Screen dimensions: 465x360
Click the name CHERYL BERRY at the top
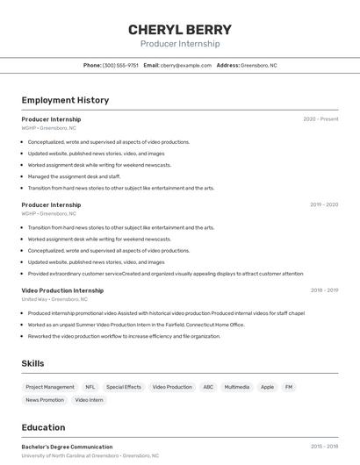click(180, 29)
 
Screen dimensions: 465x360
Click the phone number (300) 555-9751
click(120, 65)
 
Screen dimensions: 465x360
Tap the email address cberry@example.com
click(186, 65)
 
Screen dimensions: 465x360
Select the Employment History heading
click(65, 100)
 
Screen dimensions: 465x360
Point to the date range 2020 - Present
click(320, 119)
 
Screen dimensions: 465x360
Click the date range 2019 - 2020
click(324, 204)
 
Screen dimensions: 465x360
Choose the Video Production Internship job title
click(62, 290)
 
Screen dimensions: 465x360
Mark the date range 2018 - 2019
click(324, 290)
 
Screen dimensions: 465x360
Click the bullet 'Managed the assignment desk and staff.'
click(74, 176)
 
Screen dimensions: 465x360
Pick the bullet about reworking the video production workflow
click(124, 336)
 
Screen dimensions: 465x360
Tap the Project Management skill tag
click(50, 387)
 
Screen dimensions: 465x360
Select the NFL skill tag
click(90, 387)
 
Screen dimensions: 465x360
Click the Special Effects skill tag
click(124, 387)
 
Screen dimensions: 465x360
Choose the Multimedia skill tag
click(237, 387)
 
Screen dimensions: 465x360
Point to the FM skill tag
click(289, 387)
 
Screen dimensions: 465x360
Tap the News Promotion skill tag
click(45, 400)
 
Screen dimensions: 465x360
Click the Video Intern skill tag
click(89, 400)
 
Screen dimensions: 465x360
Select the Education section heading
click(43, 428)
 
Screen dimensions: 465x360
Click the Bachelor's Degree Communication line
click(67, 447)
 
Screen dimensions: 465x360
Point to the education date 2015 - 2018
click(324, 447)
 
